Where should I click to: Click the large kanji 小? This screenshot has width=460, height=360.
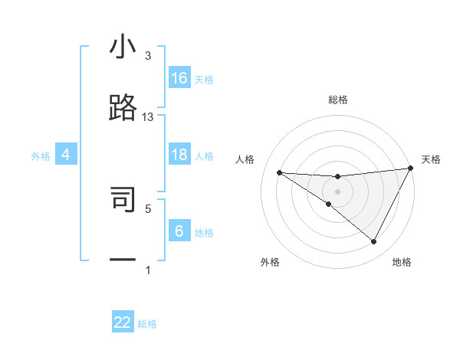tap(123, 48)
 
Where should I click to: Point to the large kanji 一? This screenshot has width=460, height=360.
tap(123, 260)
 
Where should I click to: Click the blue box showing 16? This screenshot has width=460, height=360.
tap(179, 78)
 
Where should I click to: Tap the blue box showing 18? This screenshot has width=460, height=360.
tap(179, 155)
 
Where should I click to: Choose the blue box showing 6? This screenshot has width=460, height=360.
tap(179, 231)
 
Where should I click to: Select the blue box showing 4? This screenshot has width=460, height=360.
tap(66, 155)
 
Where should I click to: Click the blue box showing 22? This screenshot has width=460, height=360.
tap(123, 322)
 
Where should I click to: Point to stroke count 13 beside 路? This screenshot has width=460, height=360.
tap(148, 117)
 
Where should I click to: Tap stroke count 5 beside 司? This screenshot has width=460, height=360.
tap(148, 208)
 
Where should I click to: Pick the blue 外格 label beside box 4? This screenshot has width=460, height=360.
tap(41, 156)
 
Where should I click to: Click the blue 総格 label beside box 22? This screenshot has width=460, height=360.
tap(147, 324)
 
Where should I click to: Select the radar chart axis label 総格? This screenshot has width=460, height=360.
tap(338, 100)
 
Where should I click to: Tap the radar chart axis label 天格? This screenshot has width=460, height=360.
tap(431, 159)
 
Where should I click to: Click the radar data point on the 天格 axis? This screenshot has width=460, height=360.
tap(411, 169)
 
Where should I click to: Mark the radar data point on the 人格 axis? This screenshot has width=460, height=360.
tap(279, 172)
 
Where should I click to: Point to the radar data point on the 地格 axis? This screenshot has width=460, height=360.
tap(374, 242)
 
